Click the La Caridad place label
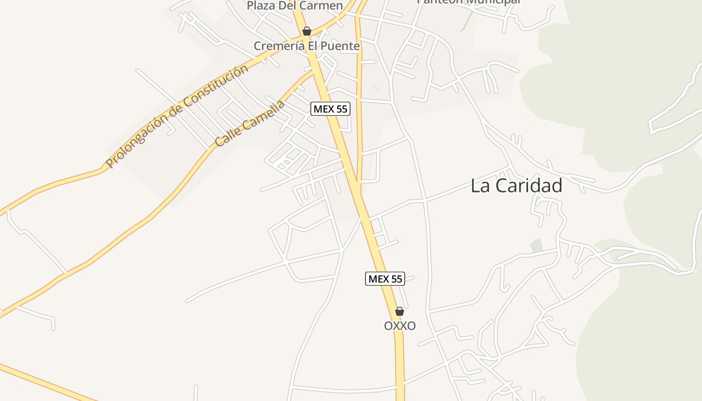click(516, 186)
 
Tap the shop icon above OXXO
click(400, 311)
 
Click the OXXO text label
click(400, 326)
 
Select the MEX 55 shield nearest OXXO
click(385, 279)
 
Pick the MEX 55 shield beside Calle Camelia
click(330, 109)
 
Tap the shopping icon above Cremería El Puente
click(307, 32)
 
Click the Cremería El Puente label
click(306, 46)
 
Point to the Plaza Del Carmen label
click(295, 6)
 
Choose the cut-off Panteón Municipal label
click(468, 2)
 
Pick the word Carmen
click(320, 6)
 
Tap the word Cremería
click(278, 46)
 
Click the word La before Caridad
click(479, 186)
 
